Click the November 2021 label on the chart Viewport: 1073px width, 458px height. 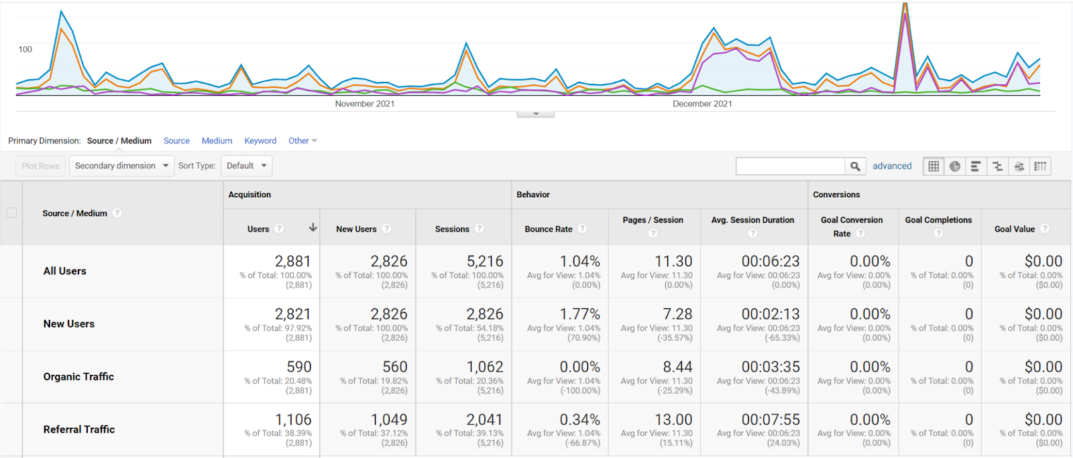(x=365, y=103)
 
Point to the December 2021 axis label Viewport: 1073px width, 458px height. (x=702, y=103)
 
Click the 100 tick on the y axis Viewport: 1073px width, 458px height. (x=25, y=50)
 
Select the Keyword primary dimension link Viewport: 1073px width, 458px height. (x=260, y=141)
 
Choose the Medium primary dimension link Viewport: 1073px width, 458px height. (x=217, y=141)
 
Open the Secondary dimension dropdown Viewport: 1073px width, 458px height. (x=121, y=166)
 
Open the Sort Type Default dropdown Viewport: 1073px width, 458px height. (x=246, y=166)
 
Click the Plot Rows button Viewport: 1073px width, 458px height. (x=40, y=166)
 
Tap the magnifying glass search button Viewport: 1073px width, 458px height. (x=855, y=166)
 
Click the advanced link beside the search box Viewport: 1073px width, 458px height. (x=892, y=166)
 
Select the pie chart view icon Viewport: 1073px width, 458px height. (x=955, y=166)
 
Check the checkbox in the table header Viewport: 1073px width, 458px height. (x=11, y=213)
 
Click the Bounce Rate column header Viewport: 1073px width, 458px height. (x=549, y=229)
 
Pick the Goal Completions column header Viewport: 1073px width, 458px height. (x=938, y=220)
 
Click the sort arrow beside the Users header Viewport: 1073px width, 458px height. (x=313, y=227)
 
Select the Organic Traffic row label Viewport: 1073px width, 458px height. (x=78, y=377)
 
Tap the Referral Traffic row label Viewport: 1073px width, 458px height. (x=79, y=429)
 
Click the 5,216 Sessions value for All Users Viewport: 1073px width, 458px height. (x=485, y=261)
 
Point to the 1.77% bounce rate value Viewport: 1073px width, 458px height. (x=579, y=314)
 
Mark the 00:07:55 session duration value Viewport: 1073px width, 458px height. (x=771, y=420)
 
